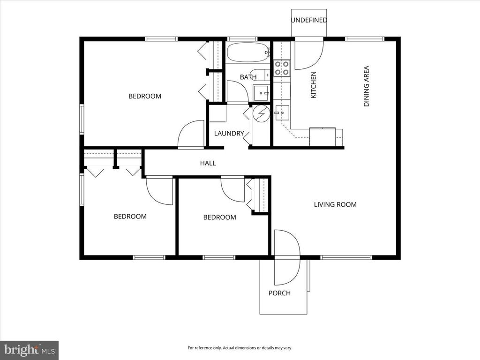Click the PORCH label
[279, 293]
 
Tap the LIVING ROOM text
[335, 204]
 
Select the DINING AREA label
[367, 86]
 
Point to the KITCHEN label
[314, 84]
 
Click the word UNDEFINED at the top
[308, 20]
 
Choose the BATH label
[248, 77]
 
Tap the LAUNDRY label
[229, 133]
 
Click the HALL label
[208, 163]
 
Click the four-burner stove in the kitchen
[282, 68]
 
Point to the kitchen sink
[282, 112]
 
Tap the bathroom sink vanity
[261, 93]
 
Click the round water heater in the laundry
[261, 113]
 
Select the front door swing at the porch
[287, 257]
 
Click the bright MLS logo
[29, 350]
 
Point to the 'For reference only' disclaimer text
[240, 348]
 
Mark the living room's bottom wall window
[346, 257]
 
